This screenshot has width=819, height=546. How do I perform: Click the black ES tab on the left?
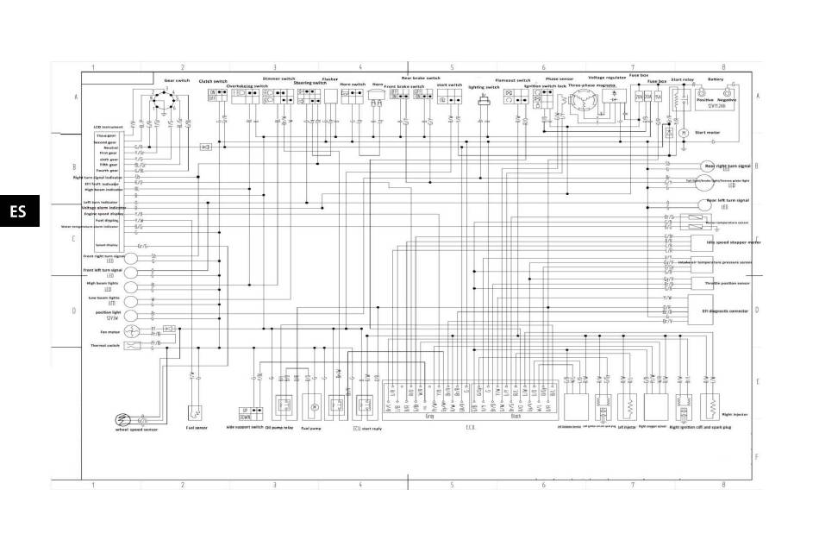tap(19, 210)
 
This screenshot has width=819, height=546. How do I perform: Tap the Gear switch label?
tap(177, 80)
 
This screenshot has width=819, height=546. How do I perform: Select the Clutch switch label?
tap(213, 82)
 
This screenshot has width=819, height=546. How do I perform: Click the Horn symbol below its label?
tap(377, 97)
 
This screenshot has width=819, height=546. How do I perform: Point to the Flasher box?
tap(329, 97)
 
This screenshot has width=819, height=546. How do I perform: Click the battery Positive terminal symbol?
tap(703, 91)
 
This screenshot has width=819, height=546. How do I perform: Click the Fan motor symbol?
tap(130, 330)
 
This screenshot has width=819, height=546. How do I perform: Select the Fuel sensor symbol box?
tap(195, 411)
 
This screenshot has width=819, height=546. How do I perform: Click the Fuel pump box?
tap(314, 405)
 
